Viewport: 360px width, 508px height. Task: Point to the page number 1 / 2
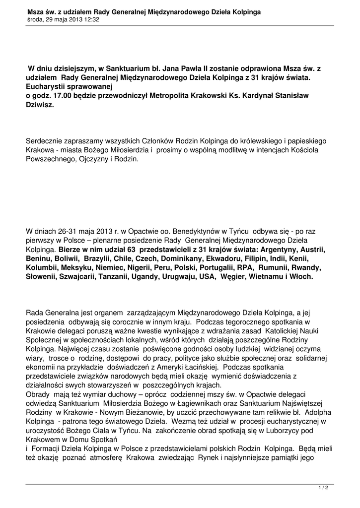pyautogui.click(x=323, y=488)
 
